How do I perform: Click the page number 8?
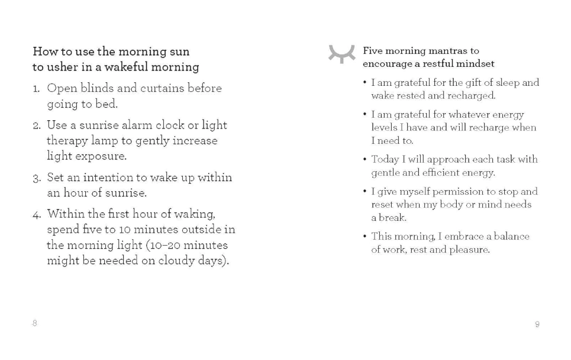pyautogui.click(x=34, y=323)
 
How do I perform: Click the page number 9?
pyautogui.click(x=537, y=324)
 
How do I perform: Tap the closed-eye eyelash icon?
pyautogui.click(x=342, y=54)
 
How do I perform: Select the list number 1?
pyautogui.click(x=36, y=89)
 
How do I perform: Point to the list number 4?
pyautogui.click(x=36, y=214)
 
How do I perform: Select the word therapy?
pyautogui.click(x=67, y=141)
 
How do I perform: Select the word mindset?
pyautogui.click(x=475, y=63)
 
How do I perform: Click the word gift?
pyautogui.click(x=476, y=83)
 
